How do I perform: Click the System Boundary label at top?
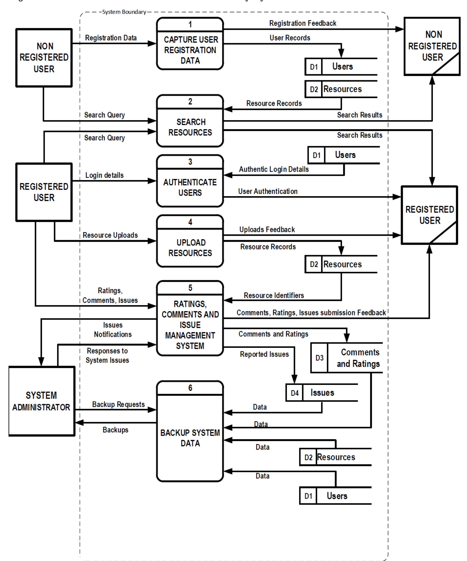click(x=124, y=12)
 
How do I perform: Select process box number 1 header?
click(x=190, y=25)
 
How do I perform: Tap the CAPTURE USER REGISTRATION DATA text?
click(x=190, y=50)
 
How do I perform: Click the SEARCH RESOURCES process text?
click(x=190, y=127)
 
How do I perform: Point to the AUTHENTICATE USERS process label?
click(x=190, y=188)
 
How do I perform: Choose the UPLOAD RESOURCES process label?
click(x=190, y=248)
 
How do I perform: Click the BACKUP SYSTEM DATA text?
click(x=190, y=438)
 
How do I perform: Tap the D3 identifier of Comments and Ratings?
click(x=319, y=358)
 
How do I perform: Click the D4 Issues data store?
click(x=322, y=393)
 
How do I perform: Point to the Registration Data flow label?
click(x=111, y=38)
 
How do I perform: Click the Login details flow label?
click(x=104, y=175)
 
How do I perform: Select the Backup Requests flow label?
click(x=118, y=405)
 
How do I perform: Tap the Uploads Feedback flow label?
click(x=267, y=229)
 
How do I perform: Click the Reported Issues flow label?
click(x=264, y=354)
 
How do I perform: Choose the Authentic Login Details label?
click(x=274, y=169)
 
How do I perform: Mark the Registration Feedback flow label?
click(x=303, y=23)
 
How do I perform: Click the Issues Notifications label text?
click(x=113, y=330)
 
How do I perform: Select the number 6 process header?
click(x=190, y=388)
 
